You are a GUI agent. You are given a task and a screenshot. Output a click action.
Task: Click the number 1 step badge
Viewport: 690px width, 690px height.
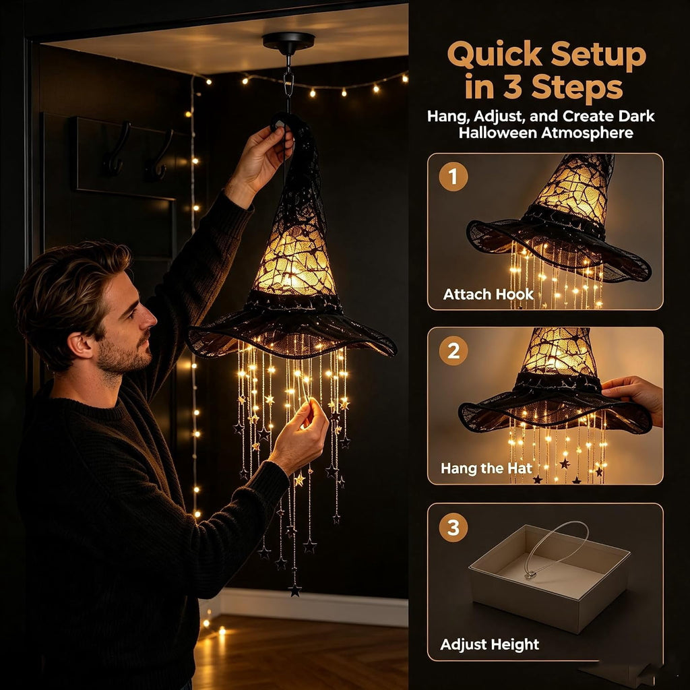tap(453, 177)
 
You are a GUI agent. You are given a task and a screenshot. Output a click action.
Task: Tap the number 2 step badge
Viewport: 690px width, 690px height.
tap(453, 350)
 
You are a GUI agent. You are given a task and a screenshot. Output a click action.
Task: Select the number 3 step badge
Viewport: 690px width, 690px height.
tap(453, 527)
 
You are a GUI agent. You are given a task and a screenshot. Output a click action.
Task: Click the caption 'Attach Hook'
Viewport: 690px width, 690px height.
tap(488, 294)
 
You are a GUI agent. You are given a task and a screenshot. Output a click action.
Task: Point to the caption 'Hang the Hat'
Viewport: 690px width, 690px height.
tap(487, 468)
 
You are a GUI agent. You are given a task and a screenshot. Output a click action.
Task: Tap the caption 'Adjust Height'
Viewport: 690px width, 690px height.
tap(489, 644)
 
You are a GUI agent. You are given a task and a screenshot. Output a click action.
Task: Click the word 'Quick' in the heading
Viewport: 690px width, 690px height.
tap(495, 54)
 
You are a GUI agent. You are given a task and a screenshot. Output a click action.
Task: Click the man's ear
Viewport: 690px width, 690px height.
tap(81, 344)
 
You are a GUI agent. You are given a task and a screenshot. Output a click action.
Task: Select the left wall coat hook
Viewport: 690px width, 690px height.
tap(116, 150)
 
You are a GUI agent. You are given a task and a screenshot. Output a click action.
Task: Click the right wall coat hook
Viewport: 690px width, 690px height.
tap(160, 156)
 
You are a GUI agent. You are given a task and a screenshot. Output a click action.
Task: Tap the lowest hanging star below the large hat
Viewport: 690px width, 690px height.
tap(295, 590)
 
